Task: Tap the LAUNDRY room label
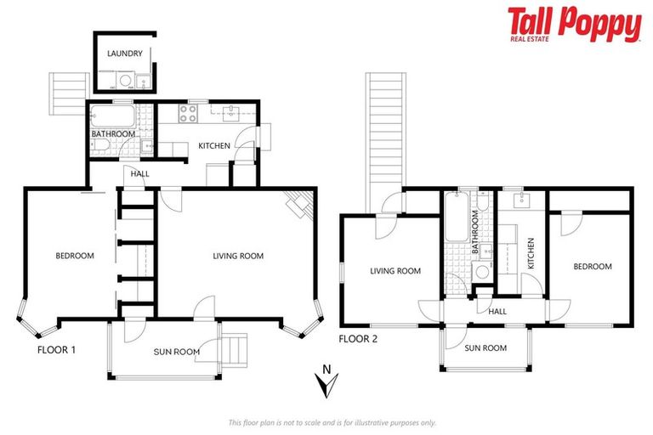[124, 54]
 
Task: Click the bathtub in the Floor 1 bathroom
[114, 116]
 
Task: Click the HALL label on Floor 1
[139, 173]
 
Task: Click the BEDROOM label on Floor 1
[75, 256]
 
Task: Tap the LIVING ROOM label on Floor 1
[237, 256]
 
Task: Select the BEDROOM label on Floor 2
[592, 266]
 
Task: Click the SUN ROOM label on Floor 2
[485, 347]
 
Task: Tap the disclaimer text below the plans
[332, 422]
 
